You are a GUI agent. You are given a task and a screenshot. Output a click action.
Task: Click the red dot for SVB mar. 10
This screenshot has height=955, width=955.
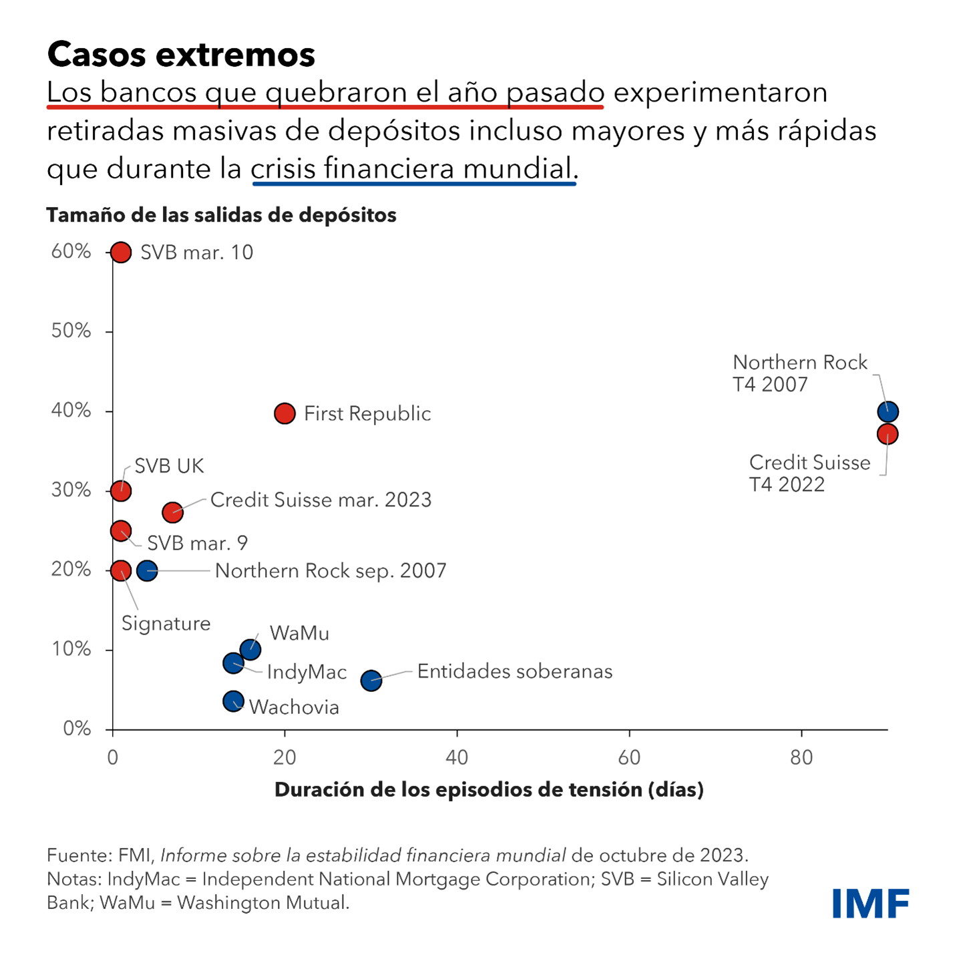tap(121, 252)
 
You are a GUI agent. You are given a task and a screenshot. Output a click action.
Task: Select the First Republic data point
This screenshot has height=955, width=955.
tap(285, 413)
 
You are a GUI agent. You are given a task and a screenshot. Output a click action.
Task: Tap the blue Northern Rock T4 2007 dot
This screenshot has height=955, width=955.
tap(888, 411)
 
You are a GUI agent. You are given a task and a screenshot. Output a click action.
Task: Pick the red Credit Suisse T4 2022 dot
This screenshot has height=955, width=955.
tap(888, 434)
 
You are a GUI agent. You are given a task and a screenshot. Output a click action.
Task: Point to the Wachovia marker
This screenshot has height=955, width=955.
tap(233, 701)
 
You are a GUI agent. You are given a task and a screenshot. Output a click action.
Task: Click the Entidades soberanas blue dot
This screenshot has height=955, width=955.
tap(371, 681)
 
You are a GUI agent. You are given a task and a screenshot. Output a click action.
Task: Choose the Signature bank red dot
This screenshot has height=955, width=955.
tap(121, 570)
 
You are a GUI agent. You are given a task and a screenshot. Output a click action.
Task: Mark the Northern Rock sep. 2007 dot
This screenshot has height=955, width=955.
tap(147, 570)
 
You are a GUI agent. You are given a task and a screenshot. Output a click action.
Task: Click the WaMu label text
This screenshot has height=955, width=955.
tap(299, 633)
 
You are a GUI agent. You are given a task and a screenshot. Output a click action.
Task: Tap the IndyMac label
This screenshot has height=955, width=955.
tap(307, 672)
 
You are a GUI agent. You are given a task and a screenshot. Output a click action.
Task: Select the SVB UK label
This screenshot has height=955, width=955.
tap(169, 466)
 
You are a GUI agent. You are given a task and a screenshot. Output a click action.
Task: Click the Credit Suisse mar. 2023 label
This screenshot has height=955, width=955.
tap(321, 500)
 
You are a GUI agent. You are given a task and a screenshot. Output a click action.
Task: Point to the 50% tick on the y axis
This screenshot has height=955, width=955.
tap(71, 331)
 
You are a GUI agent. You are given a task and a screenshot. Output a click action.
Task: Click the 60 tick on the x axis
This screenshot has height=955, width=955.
tap(629, 757)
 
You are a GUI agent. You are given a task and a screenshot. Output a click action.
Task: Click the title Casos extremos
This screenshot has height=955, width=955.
tap(181, 54)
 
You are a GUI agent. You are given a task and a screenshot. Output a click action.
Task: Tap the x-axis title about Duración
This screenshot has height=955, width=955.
tap(489, 790)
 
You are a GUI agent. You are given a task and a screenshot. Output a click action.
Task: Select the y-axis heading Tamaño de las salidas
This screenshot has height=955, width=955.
tap(221, 215)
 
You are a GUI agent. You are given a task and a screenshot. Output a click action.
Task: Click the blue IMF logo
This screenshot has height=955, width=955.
tap(870, 903)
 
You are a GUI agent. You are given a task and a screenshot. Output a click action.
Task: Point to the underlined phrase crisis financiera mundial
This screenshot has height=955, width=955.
tap(413, 169)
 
